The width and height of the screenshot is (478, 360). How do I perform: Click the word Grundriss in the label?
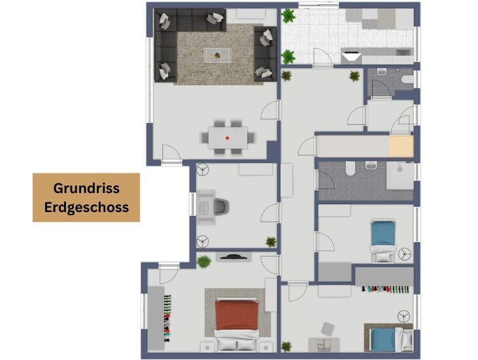[x=86, y=189]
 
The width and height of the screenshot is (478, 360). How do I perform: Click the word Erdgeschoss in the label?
[x=86, y=207]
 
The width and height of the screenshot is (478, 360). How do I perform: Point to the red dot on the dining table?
[x=228, y=137]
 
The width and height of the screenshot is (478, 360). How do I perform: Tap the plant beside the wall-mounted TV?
[x=205, y=261]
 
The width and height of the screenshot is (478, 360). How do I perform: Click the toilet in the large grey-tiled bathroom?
[x=350, y=170]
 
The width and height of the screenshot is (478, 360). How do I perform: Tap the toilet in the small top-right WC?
[x=407, y=80]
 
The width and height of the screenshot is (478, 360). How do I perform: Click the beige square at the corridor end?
[x=400, y=146]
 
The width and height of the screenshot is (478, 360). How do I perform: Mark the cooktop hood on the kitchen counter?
[x=352, y=56]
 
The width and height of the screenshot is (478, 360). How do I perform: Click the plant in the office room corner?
[x=270, y=241]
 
